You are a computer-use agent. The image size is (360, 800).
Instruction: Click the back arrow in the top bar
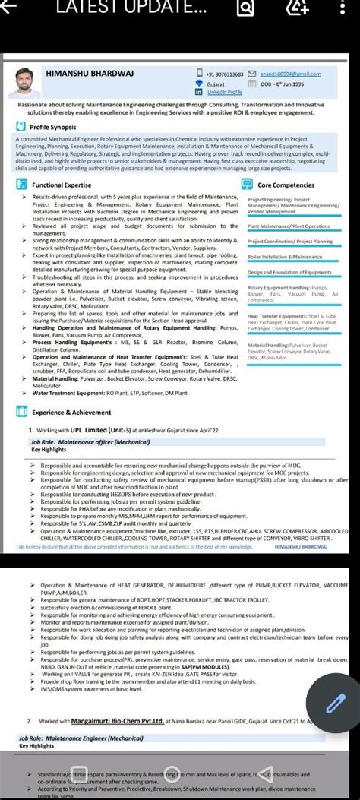pyautogui.click(x=11, y=7)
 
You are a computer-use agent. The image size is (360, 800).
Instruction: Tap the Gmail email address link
pyautogui.click(x=290, y=74)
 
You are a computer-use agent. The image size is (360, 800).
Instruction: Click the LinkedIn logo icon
pyautogui.click(x=199, y=91)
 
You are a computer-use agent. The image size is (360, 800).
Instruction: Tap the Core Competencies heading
pyautogui.click(x=287, y=185)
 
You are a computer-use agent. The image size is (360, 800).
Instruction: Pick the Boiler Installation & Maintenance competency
pyautogui.click(x=286, y=257)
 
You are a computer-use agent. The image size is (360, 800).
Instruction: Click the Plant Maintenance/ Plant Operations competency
pyautogui.click(x=289, y=226)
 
